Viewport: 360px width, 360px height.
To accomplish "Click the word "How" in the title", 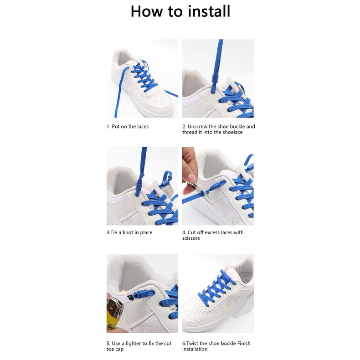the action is tap(146, 11).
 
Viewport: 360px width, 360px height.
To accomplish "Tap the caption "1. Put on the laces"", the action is tap(128, 127).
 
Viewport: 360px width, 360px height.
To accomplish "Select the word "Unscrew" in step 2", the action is tap(197, 127).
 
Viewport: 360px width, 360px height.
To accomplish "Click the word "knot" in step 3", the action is tap(128, 232).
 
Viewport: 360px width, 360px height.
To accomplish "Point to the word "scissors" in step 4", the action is tap(191, 238).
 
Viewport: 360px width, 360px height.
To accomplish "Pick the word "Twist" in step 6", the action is tap(192, 344).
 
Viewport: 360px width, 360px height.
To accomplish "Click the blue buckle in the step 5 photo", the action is tap(142, 294).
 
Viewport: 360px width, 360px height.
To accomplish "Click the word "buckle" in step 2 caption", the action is tap(237, 127).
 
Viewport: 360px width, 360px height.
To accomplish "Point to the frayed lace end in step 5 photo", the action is tap(130, 296).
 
